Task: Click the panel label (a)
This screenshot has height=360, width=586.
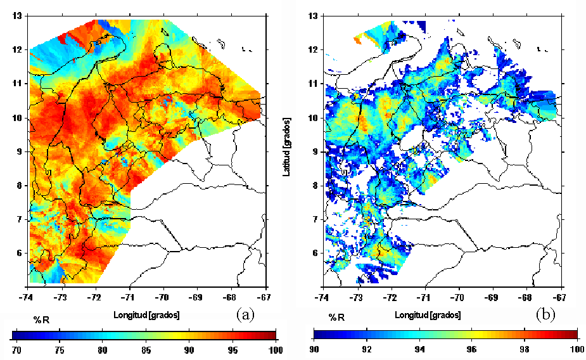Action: (x=245, y=314)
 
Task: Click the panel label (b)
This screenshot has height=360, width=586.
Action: (x=545, y=314)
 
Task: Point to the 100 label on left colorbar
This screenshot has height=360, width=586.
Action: (x=274, y=349)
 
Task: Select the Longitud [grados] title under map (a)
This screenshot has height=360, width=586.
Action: (x=146, y=315)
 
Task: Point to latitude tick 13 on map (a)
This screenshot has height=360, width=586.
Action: (x=18, y=16)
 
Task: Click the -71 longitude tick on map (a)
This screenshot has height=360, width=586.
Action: (x=130, y=296)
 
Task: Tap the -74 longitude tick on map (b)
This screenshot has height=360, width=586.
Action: (x=322, y=296)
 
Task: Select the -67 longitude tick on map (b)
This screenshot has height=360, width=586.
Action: (x=559, y=296)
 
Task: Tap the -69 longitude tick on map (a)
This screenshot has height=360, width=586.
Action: (x=198, y=296)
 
